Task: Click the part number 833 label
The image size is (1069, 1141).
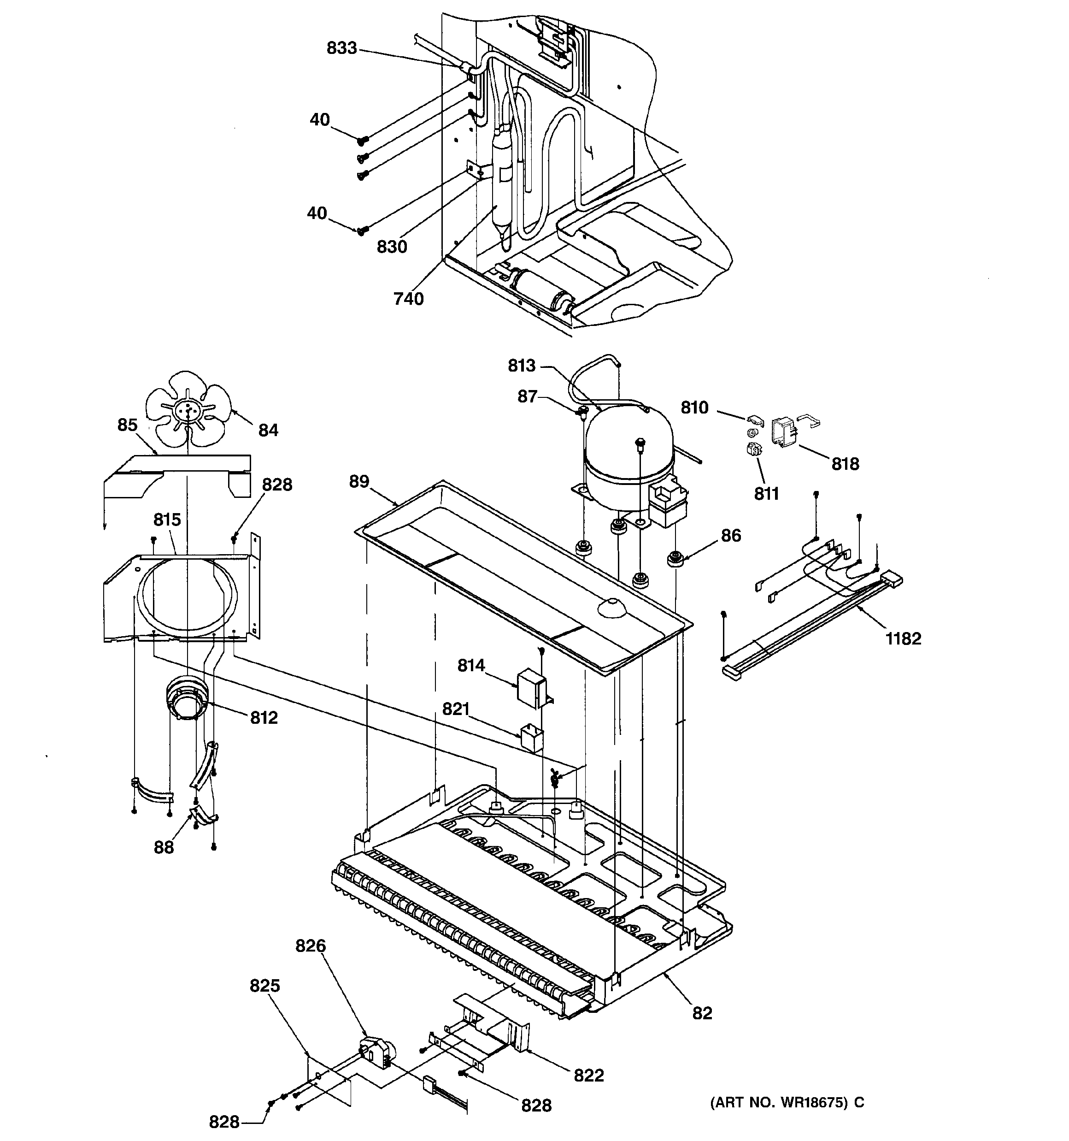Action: click(x=341, y=48)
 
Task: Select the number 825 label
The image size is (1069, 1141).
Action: click(x=264, y=986)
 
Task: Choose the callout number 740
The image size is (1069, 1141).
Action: click(x=409, y=298)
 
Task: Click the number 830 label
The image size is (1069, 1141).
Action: click(x=392, y=247)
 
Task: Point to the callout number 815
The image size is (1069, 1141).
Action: click(x=167, y=520)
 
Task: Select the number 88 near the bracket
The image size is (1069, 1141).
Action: click(x=164, y=847)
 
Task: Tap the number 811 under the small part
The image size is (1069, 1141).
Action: click(x=766, y=493)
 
